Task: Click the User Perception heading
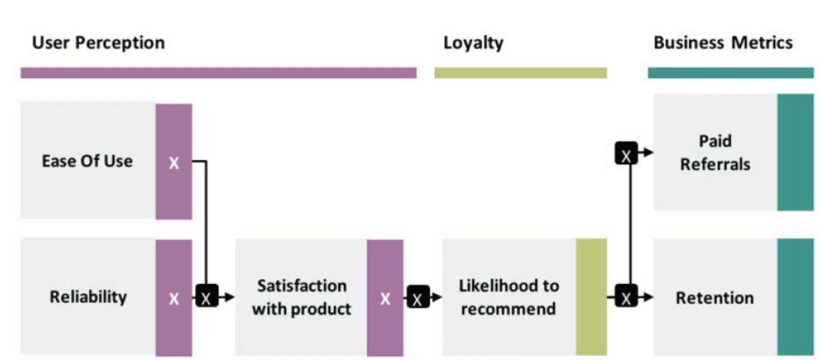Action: pyautogui.click(x=98, y=43)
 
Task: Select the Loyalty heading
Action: pyautogui.click(x=473, y=43)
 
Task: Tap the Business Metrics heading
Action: pyautogui.click(x=723, y=43)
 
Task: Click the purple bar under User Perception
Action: pyautogui.click(x=218, y=73)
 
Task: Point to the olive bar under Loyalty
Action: pyautogui.click(x=520, y=73)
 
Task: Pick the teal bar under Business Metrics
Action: pyautogui.click(x=730, y=73)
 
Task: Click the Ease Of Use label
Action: pyautogui.click(x=87, y=161)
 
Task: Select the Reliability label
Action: pyautogui.click(x=88, y=297)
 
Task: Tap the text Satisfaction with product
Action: pyautogui.click(x=302, y=297)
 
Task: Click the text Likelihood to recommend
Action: pyautogui.click(x=509, y=297)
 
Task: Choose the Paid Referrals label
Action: pyautogui.click(x=715, y=152)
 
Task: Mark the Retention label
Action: pyautogui.click(x=715, y=298)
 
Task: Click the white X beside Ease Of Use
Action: pyautogui.click(x=174, y=163)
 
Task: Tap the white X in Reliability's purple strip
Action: pyautogui.click(x=174, y=298)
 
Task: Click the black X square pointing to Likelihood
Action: pyautogui.click(x=418, y=297)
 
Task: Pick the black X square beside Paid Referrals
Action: pyautogui.click(x=627, y=154)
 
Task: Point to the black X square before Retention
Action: pyautogui.click(x=627, y=297)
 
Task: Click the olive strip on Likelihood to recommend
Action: pyautogui.click(x=591, y=297)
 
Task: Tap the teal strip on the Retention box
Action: pyautogui.click(x=795, y=297)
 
